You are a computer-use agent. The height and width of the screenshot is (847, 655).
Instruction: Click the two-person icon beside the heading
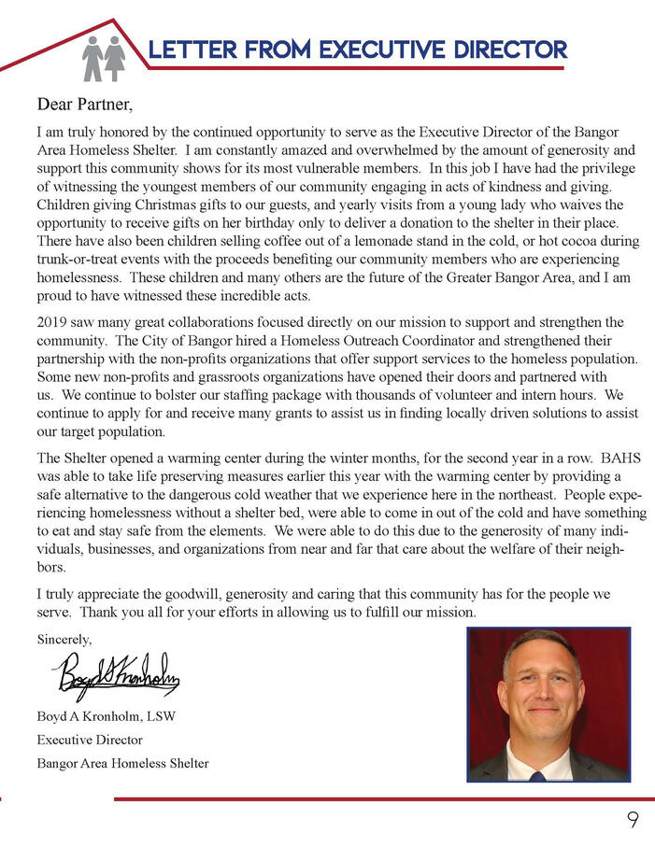tap(103, 58)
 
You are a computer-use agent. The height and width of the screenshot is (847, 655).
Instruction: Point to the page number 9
tap(633, 821)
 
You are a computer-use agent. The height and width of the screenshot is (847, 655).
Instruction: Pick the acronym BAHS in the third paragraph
tap(620, 459)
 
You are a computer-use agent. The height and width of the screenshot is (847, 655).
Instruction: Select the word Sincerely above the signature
tap(64, 640)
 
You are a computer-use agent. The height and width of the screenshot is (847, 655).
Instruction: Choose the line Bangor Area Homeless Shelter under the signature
tap(122, 763)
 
